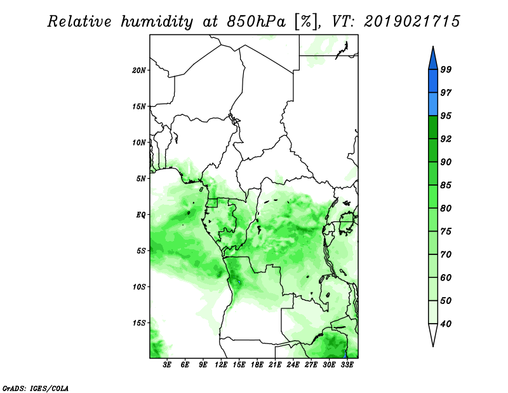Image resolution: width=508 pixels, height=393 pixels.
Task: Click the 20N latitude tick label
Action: click(139, 70)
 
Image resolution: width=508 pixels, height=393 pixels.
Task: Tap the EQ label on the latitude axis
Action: click(140, 214)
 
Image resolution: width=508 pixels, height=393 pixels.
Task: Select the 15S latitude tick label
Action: click(139, 323)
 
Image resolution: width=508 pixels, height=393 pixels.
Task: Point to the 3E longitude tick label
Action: click(167, 364)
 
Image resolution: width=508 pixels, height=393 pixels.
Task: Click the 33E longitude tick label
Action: click(347, 364)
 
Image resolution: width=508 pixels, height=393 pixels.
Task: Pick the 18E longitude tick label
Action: click(257, 364)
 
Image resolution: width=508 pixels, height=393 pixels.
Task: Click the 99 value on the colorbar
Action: click(446, 69)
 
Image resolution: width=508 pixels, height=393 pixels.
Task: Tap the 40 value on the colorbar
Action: click(446, 324)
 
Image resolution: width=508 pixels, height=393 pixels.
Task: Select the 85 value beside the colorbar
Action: click(446, 185)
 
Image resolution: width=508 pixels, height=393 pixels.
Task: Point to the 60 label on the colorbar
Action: click(446, 277)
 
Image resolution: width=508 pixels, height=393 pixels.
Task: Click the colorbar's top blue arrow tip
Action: click(433, 46)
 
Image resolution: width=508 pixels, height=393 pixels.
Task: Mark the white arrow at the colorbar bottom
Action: click(433, 335)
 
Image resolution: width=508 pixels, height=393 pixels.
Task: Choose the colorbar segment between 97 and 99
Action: click(433, 81)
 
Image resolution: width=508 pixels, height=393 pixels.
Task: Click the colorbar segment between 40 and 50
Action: click(433, 312)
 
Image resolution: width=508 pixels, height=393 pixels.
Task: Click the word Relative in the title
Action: click(79, 22)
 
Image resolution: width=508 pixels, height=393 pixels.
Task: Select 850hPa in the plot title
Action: click(256, 22)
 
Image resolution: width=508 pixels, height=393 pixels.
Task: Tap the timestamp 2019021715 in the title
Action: click(411, 22)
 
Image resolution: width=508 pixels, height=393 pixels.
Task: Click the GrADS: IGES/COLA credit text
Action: click(36, 388)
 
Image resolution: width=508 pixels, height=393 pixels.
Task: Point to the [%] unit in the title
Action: click(306, 22)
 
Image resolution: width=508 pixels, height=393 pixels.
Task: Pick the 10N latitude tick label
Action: click(139, 142)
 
